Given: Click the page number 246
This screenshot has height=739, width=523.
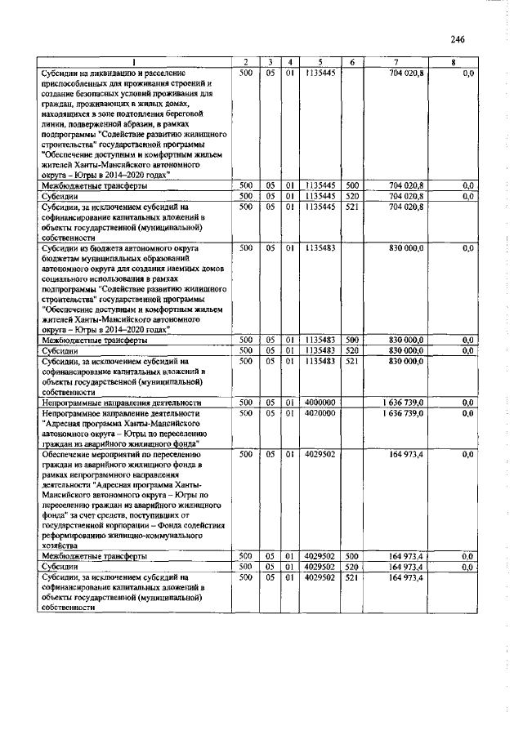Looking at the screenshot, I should coord(457,39).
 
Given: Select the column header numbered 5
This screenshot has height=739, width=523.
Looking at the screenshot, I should coord(320,63).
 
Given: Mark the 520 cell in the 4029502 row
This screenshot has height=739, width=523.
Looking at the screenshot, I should coord(352,565).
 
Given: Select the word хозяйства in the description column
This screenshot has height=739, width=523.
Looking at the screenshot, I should coord(60,545).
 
